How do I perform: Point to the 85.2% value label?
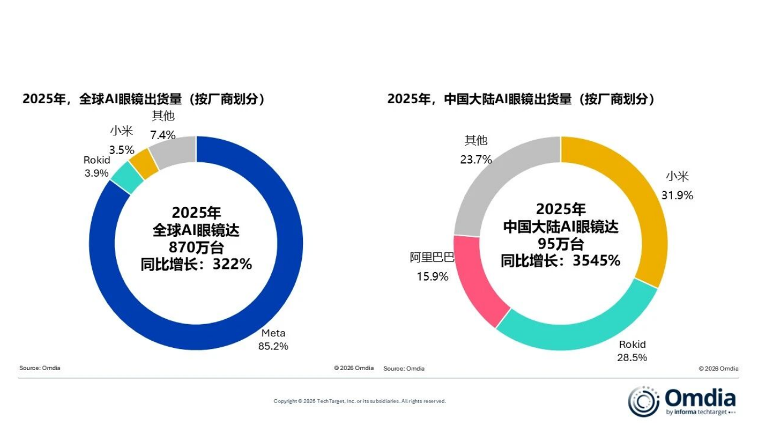(x=273, y=347)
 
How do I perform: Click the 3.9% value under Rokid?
(x=97, y=173)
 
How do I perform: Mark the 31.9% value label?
(x=677, y=195)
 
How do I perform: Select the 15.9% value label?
(x=432, y=277)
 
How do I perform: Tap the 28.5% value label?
(x=632, y=358)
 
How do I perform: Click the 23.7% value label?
(x=476, y=160)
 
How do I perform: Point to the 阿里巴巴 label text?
(x=432, y=257)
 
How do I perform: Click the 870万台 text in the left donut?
(x=196, y=247)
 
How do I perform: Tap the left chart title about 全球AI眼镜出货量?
(x=144, y=99)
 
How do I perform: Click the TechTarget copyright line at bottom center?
(x=359, y=401)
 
